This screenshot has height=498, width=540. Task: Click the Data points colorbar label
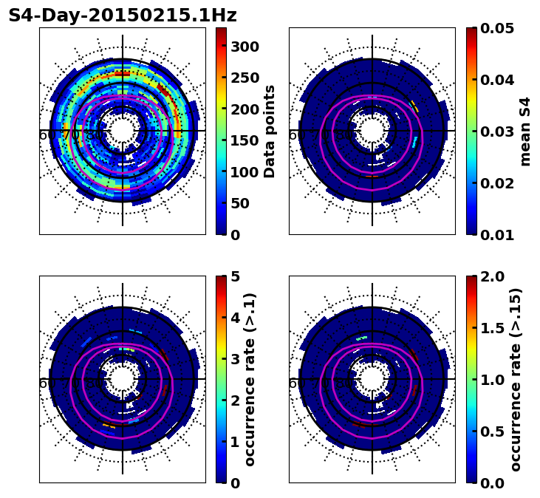pyautogui.click(x=270, y=131)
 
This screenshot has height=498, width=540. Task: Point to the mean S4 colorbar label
pyautogui.click(x=525, y=131)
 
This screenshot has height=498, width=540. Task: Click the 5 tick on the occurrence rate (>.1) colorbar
pyautogui.click(x=236, y=276)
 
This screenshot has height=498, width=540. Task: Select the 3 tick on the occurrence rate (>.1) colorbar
pyautogui.click(x=236, y=359)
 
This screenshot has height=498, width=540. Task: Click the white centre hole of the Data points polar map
pyautogui.click(x=123, y=130)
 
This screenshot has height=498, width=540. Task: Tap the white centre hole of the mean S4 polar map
pyautogui.click(x=372, y=130)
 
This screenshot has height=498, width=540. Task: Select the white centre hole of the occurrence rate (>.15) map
pyautogui.click(x=372, y=378)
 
